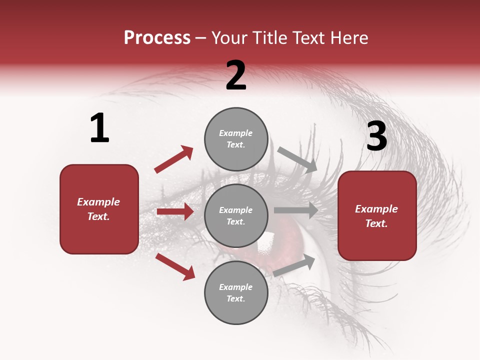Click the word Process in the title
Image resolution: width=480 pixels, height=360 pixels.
click(157, 38)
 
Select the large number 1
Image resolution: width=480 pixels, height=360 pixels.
click(99, 128)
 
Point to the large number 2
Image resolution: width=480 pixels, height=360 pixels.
click(236, 75)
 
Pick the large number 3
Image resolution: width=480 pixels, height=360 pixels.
click(377, 136)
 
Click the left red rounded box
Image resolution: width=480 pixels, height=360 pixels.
click(99, 209)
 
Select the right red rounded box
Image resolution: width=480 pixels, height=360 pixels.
click(377, 216)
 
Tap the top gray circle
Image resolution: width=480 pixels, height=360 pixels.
click(236, 139)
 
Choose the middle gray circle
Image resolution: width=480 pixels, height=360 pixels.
click(236, 215)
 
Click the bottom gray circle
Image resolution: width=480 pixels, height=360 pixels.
click(236, 292)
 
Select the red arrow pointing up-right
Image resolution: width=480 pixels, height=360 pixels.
click(174, 159)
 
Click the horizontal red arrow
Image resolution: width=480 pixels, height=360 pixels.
click(175, 211)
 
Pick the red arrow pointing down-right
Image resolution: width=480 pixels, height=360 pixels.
click(175, 266)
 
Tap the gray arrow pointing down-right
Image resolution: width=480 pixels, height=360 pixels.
click(297, 159)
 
